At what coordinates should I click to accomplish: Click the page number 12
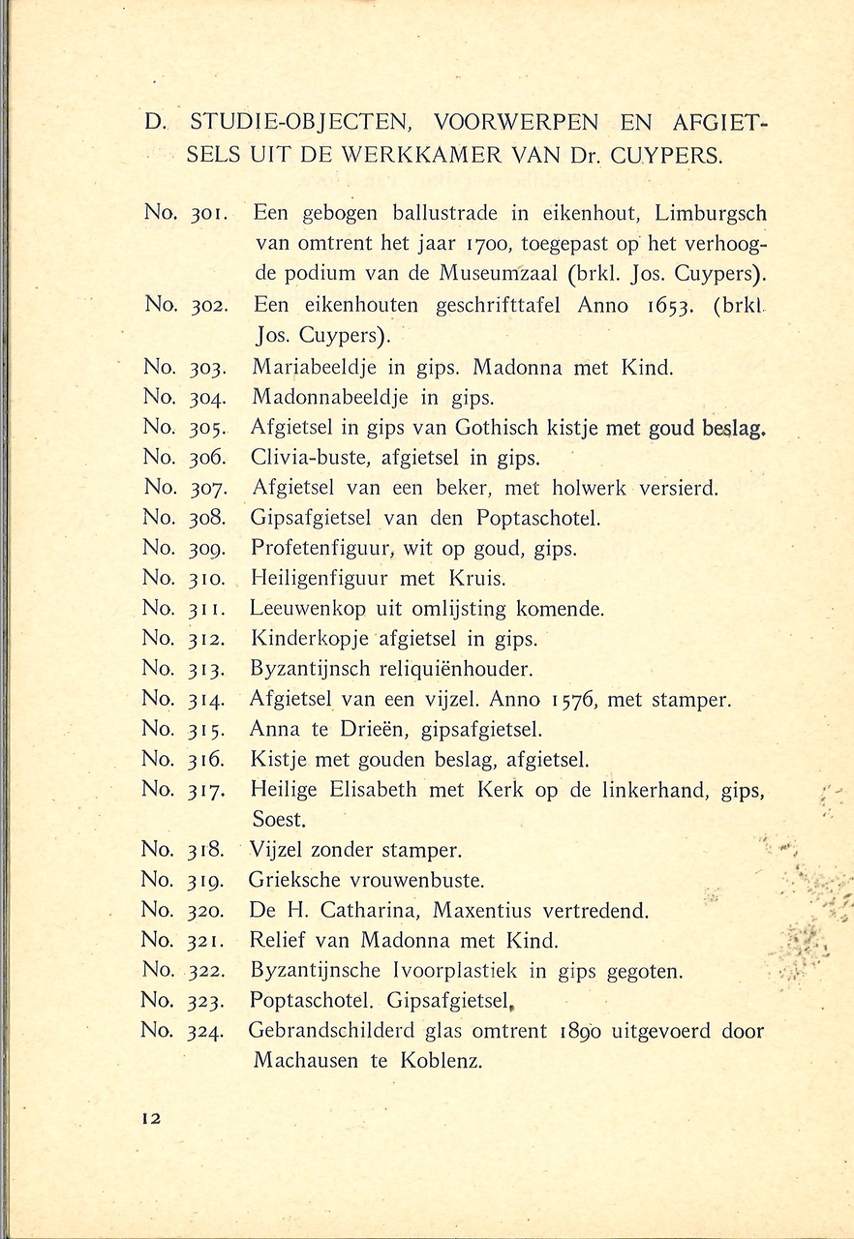point(149,1117)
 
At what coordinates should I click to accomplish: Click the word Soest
point(280,819)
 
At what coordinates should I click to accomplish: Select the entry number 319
point(206,880)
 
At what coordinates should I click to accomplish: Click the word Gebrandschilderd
point(332,1031)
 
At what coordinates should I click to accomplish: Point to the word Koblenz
point(438,1060)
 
